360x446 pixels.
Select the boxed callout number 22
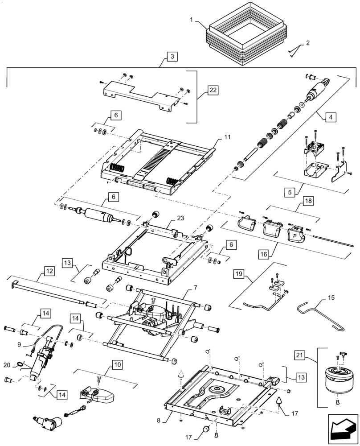(213, 91)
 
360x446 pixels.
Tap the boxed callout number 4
(330, 118)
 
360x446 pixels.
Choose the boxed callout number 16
(264, 254)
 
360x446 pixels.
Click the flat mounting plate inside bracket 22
(138, 94)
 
